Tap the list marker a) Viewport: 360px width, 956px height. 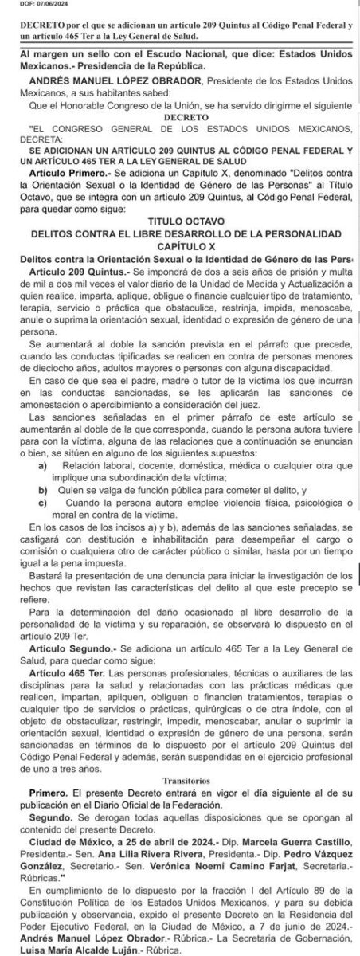41,464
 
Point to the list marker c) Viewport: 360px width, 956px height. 41,506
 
